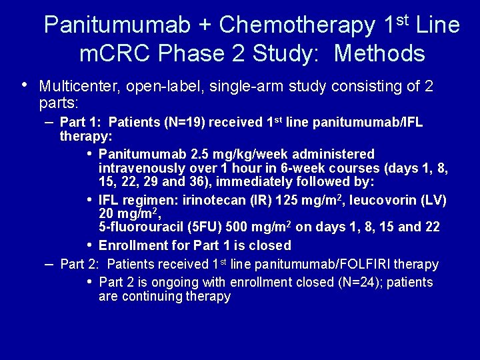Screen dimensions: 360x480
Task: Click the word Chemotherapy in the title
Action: pyautogui.click(x=297, y=26)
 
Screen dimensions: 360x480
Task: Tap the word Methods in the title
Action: pyautogui.click(x=379, y=53)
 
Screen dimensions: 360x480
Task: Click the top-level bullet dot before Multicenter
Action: pyautogui.click(x=25, y=85)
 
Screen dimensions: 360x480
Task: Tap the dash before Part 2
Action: pyautogui.click(x=49, y=264)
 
